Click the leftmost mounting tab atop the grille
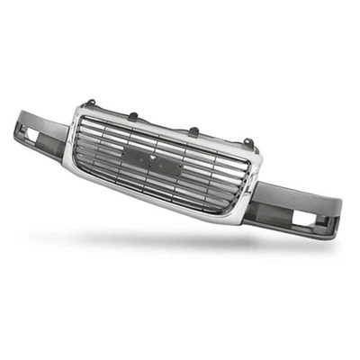point(90,103)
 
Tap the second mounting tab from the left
point(132,115)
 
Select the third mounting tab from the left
point(193,132)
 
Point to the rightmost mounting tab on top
point(247,142)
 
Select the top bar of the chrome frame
point(171,130)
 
